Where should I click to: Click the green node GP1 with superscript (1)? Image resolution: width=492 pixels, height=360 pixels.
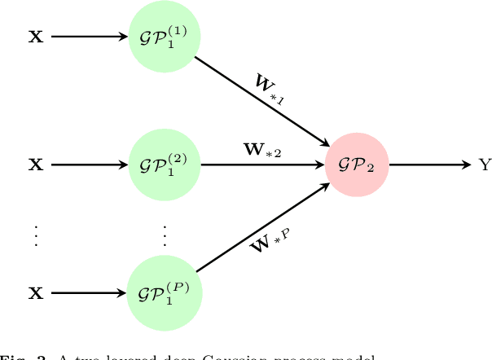coord(165,37)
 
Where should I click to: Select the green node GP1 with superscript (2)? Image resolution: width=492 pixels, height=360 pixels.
coord(165,165)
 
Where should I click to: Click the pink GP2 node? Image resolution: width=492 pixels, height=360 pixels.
coord(356,165)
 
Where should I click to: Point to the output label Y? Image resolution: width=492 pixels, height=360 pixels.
coord(485,165)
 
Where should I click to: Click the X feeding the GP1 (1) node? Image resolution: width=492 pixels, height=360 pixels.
coord(36,37)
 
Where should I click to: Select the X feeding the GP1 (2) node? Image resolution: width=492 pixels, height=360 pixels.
coord(36,165)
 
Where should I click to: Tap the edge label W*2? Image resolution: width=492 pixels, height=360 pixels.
coord(262,150)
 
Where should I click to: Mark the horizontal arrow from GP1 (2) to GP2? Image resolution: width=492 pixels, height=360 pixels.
coord(261,165)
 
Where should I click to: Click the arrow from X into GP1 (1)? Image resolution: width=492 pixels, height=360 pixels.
coord(90,37)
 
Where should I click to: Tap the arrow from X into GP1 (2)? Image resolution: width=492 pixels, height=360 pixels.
coord(90,165)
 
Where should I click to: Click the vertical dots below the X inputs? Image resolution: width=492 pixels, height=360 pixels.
coord(36,235)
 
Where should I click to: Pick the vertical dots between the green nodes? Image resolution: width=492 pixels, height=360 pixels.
coord(165,235)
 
